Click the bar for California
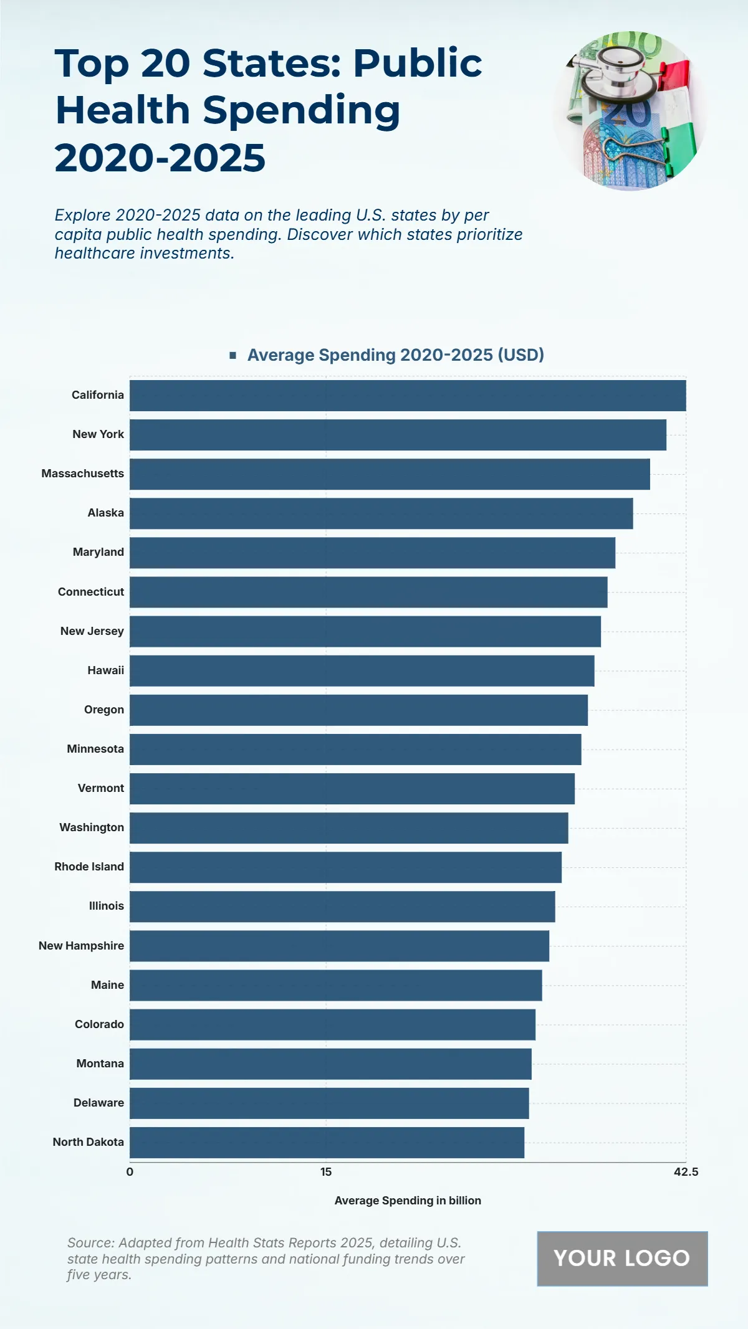point(408,396)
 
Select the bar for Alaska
point(381,513)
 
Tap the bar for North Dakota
point(327,1143)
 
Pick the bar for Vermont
point(352,789)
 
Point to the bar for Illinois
point(342,907)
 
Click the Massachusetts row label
point(83,474)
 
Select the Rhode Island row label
point(89,867)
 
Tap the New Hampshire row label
point(81,946)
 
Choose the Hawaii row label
point(105,670)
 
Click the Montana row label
point(100,1064)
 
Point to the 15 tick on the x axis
point(326,1172)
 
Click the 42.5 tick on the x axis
point(686,1172)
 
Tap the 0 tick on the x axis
point(130,1172)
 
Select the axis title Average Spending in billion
point(408,1201)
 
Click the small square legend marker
point(233,355)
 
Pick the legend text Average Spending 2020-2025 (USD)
point(395,355)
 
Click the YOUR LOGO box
point(622,1259)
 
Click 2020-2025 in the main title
point(160,158)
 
